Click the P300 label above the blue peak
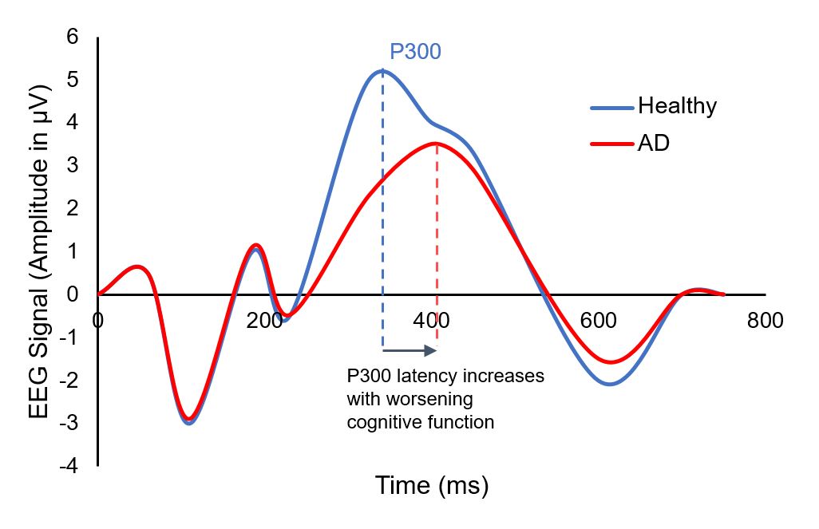point(415,53)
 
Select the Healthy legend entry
point(677,106)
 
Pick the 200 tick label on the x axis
point(264,321)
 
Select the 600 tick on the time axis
point(599,321)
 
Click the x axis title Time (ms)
point(432,484)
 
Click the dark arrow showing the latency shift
point(409,349)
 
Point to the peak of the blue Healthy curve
point(382,71)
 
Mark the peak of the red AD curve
point(437,144)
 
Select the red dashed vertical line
point(437,239)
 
